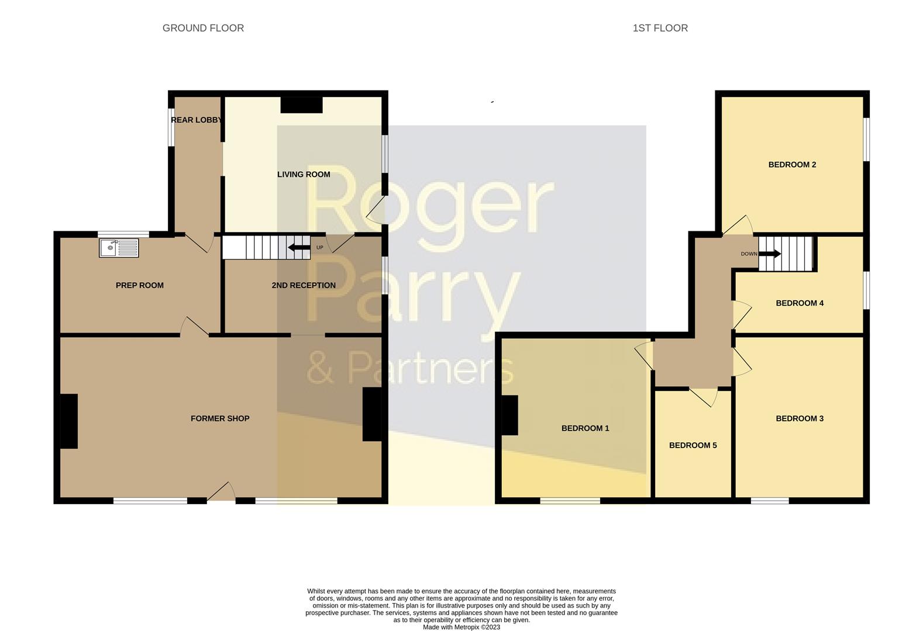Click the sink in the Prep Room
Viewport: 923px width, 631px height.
coord(119,248)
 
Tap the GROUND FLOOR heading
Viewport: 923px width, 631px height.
coord(203,28)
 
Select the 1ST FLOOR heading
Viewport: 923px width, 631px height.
coord(660,28)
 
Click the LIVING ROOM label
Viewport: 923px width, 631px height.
coord(304,175)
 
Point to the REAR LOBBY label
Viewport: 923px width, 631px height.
coord(197,120)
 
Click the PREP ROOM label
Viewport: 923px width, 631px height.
coord(140,285)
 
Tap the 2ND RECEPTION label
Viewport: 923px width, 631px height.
coord(304,285)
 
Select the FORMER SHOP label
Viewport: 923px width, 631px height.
coord(220,418)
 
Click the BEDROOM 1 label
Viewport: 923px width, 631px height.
coord(585,428)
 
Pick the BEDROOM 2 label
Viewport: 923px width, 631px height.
coord(792,165)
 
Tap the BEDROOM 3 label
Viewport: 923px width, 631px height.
coord(800,418)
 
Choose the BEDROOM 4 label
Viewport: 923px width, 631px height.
coord(800,303)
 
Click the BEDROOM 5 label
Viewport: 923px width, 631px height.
coord(693,445)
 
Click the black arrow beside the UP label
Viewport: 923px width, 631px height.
coord(299,247)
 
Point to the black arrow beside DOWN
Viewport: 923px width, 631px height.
coord(770,254)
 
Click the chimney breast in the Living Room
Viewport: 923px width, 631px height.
coord(301,105)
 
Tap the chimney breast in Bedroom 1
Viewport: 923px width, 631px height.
coord(509,415)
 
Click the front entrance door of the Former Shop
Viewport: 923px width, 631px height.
coord(221,493)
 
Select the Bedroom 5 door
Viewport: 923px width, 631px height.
coord(704,397)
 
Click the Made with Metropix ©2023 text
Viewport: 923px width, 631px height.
coord(461,627)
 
